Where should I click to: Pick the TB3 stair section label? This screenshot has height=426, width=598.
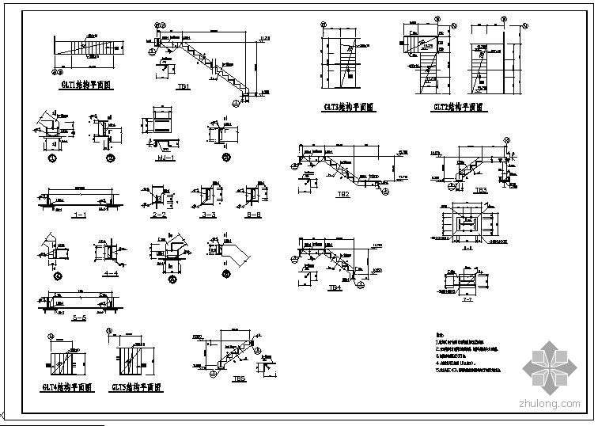(481, 190)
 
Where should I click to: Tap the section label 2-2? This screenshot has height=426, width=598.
(159, 214)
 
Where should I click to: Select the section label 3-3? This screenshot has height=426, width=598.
(209, 214)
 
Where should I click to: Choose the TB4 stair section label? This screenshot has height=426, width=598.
(335, 289)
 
